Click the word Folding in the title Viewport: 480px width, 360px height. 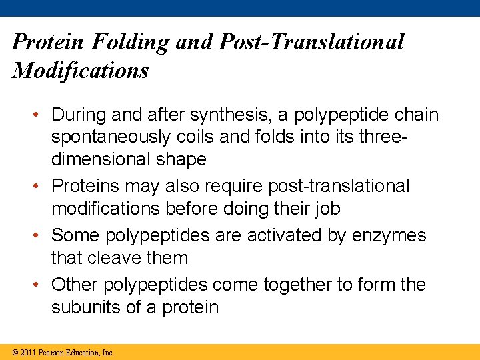click(130, 43)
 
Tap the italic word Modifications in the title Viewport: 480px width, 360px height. click(81, 71)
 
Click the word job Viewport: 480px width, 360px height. click(325, 209)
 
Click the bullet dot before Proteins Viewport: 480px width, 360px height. click(39, 186)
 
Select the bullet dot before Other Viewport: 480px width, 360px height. click(39, 285)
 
